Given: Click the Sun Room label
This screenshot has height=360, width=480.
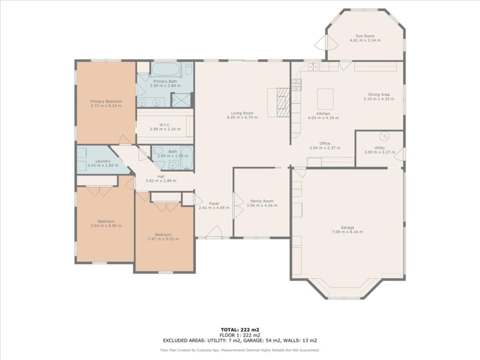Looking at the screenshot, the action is coord(365,36).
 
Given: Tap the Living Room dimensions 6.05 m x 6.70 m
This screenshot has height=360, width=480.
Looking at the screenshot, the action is coord(242,117).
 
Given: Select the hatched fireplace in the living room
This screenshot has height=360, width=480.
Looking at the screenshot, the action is coord(283,102).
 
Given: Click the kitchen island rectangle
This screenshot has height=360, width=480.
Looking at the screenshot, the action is coord(325,98).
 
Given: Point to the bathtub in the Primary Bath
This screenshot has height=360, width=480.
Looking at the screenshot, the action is coord(166,70).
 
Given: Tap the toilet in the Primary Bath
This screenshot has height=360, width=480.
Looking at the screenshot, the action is coord(189,70).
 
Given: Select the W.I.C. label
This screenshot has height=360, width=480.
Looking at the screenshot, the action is coord(165,125).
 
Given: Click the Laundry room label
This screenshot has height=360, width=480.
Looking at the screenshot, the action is coord(103,161).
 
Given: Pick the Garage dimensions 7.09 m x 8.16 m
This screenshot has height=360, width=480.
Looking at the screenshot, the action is coord(347,232).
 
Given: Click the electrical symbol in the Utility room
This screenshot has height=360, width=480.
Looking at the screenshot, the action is coord(384,136).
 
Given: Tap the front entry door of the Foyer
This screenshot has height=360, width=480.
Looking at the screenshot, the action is coord(214,232).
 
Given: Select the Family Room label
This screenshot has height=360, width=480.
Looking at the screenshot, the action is coord(262,201).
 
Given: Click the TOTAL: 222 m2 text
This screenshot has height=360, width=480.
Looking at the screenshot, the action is coord(240,330).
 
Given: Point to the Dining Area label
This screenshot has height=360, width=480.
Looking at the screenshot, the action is coord(379,95).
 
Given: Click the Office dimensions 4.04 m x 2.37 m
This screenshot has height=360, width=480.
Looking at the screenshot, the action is coord(325,148).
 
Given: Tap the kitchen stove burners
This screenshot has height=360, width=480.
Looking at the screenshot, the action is coord(297,85).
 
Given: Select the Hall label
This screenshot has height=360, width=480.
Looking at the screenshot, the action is coord(161,176).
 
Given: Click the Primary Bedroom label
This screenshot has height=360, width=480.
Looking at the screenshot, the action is coord(106,101).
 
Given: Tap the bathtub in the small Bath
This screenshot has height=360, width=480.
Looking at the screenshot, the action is coord(187,158).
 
